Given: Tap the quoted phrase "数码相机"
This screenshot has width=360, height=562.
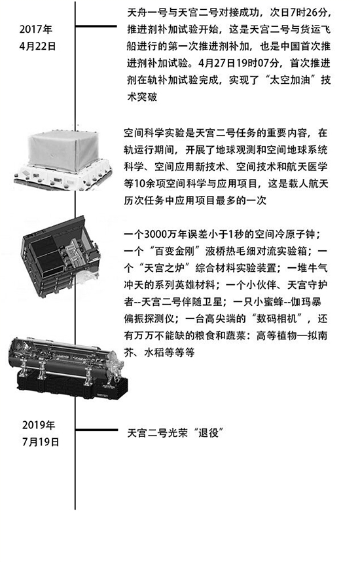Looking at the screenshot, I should (x=270, y=320).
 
